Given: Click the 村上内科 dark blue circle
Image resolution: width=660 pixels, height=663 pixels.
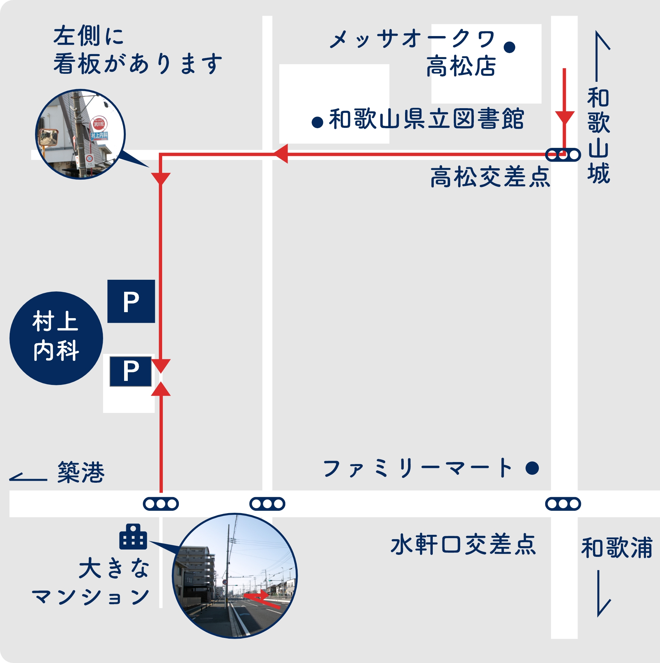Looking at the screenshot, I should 56,338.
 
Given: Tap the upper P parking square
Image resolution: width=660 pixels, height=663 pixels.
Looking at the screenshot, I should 131,301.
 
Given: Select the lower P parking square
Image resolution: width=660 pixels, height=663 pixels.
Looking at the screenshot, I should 130,371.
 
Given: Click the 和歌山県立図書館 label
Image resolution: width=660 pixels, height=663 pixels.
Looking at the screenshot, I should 426,119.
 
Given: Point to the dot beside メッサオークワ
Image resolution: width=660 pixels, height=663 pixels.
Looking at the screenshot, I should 510,47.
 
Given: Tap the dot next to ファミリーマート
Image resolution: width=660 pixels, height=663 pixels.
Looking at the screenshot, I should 532,468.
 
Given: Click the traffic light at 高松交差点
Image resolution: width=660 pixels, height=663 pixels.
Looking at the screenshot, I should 563,155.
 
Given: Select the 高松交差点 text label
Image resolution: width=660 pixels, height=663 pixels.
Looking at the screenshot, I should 490,177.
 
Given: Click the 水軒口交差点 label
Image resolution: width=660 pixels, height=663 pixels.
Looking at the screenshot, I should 463,544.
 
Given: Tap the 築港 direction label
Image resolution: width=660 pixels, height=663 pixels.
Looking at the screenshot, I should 81,472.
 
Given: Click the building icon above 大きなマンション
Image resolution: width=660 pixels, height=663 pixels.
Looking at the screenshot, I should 133,537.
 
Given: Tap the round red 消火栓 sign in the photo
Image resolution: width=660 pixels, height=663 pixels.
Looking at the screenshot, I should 99,124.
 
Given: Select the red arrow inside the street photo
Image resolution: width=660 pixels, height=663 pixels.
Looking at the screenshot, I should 262,599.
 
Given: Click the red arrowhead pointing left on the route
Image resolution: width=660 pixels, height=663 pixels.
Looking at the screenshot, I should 281,154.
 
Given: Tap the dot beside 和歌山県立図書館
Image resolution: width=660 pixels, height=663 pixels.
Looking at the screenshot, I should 317,122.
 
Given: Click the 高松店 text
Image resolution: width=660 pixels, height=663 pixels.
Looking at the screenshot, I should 461,66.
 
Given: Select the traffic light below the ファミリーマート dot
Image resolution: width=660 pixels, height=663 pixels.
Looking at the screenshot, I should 563,504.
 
